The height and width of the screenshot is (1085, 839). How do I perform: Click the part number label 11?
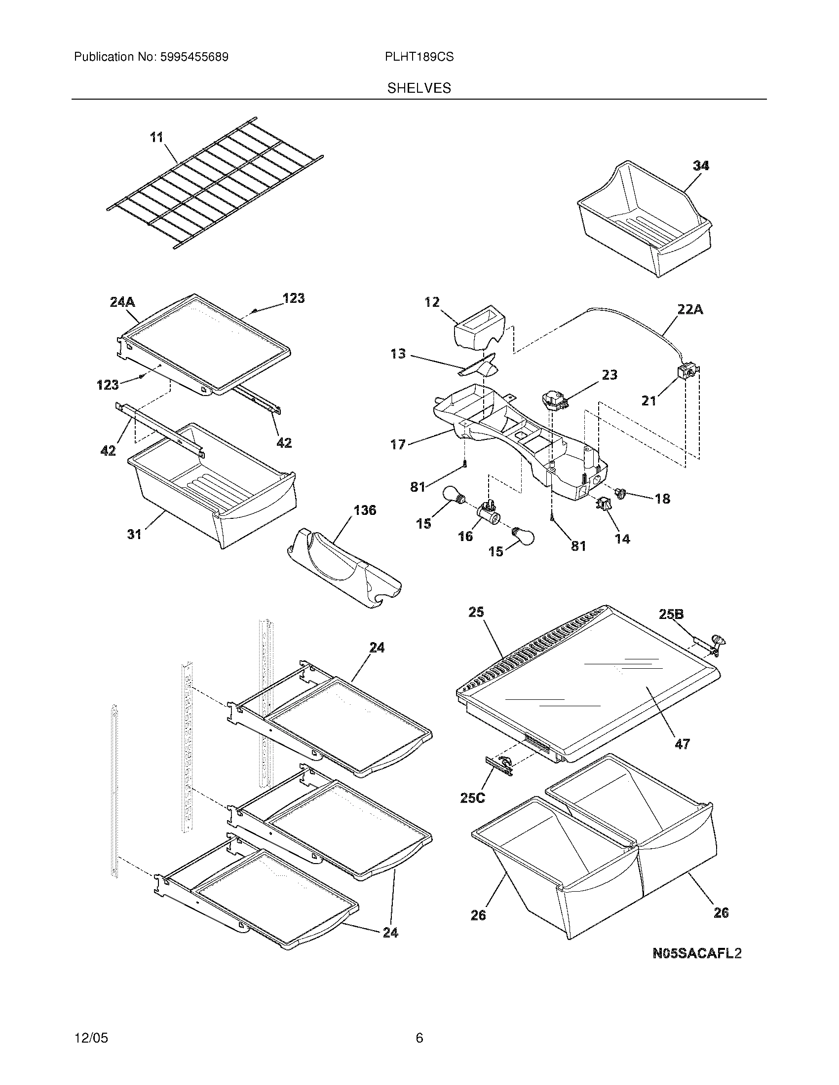coord(157,137)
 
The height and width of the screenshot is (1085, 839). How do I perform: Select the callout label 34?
coord(701,166)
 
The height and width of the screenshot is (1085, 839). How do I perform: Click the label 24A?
coord(122,301)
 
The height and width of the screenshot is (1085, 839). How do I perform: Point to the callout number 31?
coord(134,534)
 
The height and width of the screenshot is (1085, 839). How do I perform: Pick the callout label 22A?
coord(690,310)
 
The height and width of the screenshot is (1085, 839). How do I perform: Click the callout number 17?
coord(398,444)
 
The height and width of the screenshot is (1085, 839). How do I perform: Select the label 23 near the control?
coord(610,375)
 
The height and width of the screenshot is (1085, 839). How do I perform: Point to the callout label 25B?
coord(671,615)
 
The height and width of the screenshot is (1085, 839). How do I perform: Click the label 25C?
coord(472,798)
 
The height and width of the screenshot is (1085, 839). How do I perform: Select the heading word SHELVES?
coord(419,88)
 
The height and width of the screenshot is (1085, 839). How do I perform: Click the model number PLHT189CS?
coord(419,57)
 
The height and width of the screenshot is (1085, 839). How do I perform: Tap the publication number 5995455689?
coord(194,57)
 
